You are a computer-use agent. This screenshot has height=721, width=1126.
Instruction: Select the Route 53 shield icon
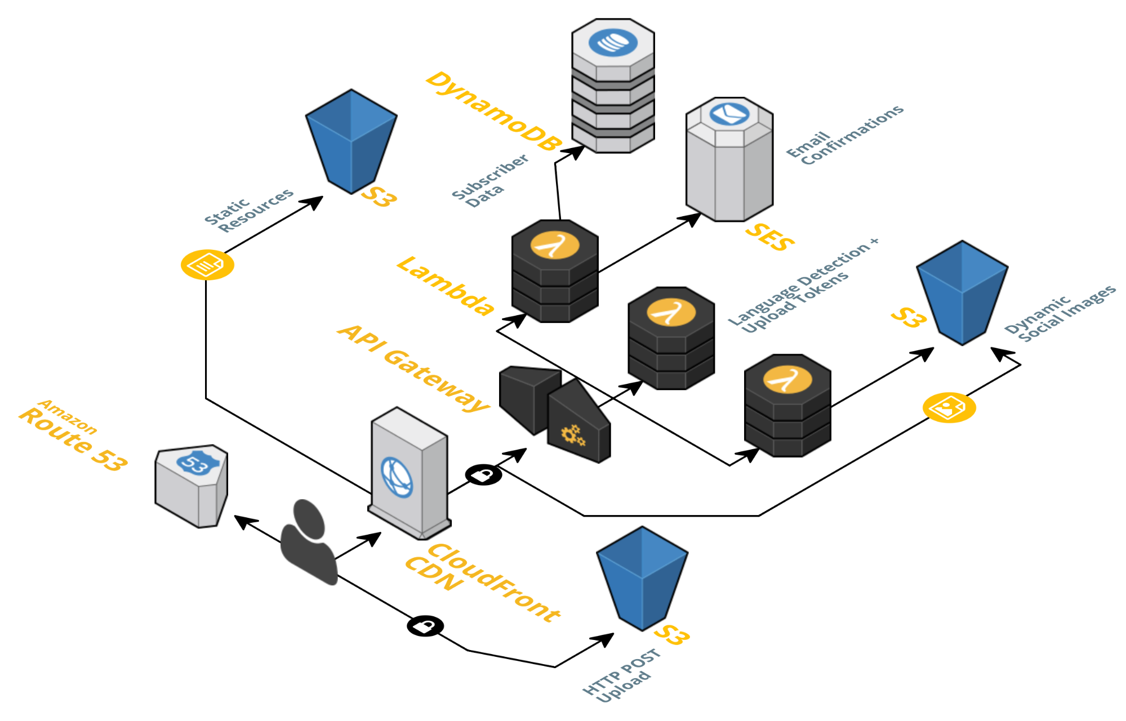(192, 485)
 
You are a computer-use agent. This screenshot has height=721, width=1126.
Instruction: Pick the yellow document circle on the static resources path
(207, 265)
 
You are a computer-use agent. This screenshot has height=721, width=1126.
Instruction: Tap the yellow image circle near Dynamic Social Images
(949, 407)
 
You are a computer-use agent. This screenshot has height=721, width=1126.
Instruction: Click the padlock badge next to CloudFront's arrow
(483, 474)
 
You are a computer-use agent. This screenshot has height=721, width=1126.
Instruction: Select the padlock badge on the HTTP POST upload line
(425, 625)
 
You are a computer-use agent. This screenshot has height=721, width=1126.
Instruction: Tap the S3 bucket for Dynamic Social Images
(962, 292)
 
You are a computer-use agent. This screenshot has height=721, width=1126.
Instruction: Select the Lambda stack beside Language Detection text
(671, 338)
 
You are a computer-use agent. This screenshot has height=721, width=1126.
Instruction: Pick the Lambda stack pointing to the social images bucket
(787, 405)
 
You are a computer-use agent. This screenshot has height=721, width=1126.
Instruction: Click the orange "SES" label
(769, 237)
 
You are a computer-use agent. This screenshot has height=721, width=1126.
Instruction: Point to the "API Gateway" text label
(413, 368)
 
